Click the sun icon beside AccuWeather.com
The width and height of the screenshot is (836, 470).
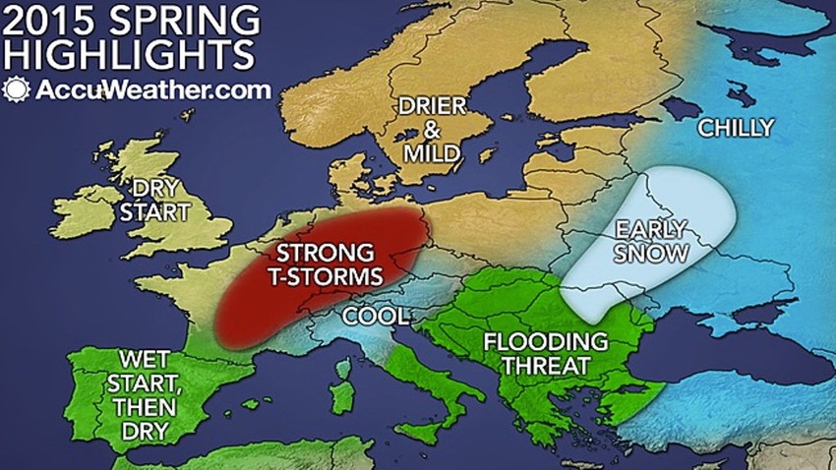click(16, 89)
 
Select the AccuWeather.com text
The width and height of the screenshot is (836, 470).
click(138, 89)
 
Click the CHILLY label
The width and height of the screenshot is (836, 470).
click(735, 127)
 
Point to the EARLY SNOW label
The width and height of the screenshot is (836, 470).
click(650, 242)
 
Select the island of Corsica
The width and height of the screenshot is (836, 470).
click(344, 369)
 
